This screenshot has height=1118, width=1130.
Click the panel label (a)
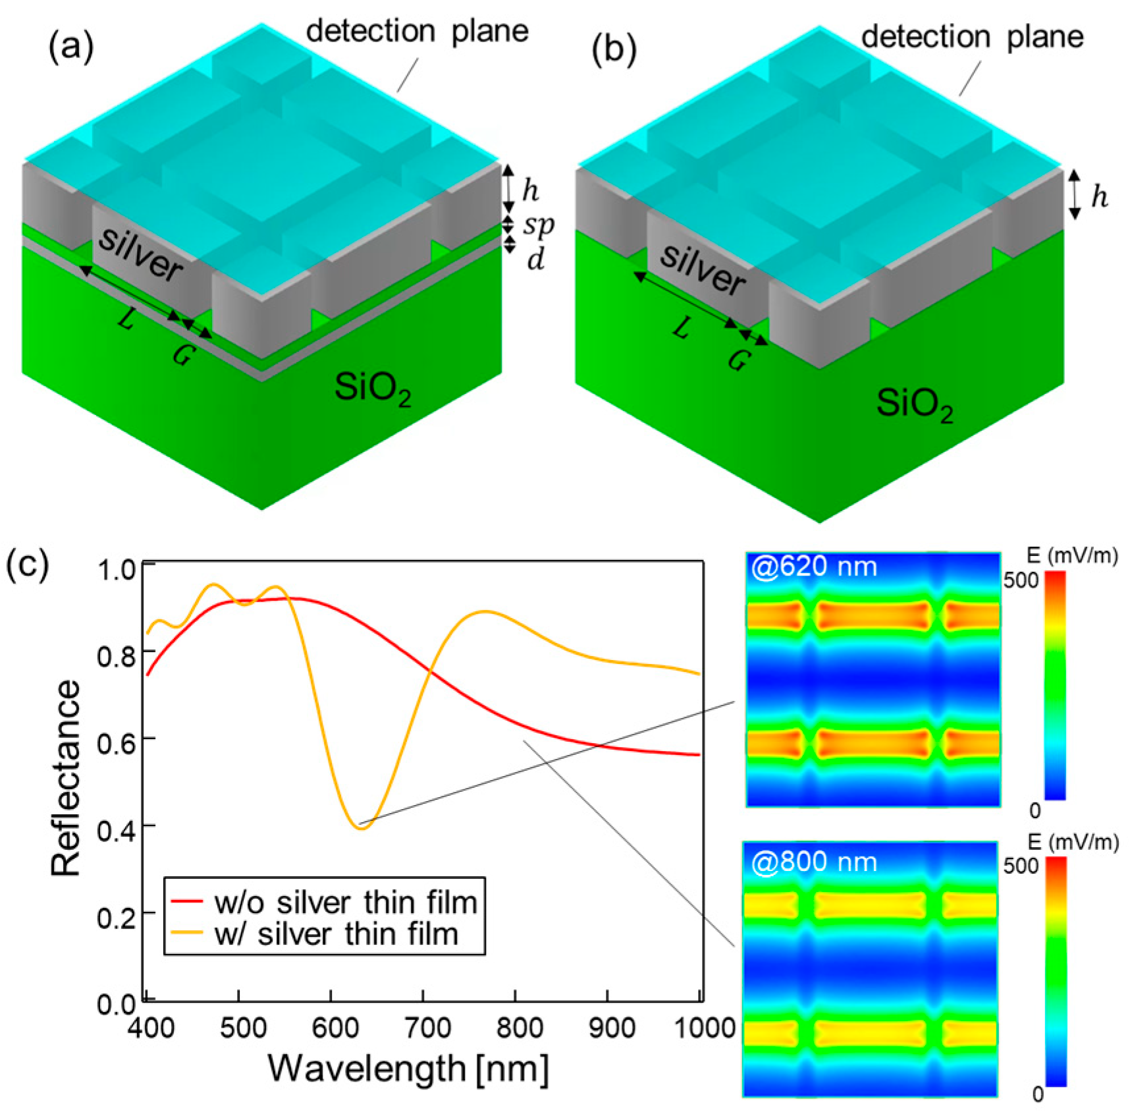[71, 47]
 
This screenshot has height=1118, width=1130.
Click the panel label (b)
[614, 51]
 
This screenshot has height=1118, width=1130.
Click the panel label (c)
[27, 565]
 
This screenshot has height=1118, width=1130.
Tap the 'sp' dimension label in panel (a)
[539, 225]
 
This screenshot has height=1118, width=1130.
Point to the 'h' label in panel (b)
[1099, 196]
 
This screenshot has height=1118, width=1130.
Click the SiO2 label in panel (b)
[914, 403]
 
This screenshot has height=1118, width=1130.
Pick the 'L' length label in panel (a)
[127, 321]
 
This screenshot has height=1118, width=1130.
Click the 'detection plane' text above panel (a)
[417, 31]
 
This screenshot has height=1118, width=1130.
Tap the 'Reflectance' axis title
[66, 777]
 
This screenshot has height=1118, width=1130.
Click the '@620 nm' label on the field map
[815, 567]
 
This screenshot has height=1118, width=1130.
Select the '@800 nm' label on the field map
[814, 862]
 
